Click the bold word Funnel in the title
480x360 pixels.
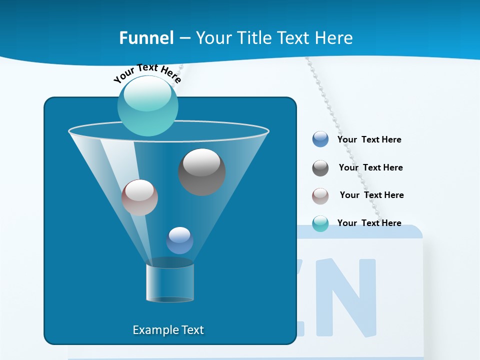(x=146, y=38)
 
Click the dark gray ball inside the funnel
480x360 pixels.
(x=201, y=171)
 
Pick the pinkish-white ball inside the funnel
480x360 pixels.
(x=139, y=197)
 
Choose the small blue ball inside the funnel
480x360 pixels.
(x=179, y=240)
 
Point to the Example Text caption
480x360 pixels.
(x=168, y=330)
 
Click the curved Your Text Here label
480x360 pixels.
(x=147, y=72)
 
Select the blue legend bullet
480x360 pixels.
(x=320, y=139)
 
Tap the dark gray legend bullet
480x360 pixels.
(x=320, y=168)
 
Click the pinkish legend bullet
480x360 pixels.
(x=320, y=196)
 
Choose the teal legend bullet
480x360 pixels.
(x=320, y=223)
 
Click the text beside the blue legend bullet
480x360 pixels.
(x=369, y=139)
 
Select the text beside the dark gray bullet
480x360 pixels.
(x=370, y=167)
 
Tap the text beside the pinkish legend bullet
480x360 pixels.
(x=371, y=195)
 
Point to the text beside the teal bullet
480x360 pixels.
(x=369, y=223)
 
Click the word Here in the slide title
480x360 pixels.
(x=333, y=38)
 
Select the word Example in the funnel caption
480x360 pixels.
(x=155, y=330)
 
